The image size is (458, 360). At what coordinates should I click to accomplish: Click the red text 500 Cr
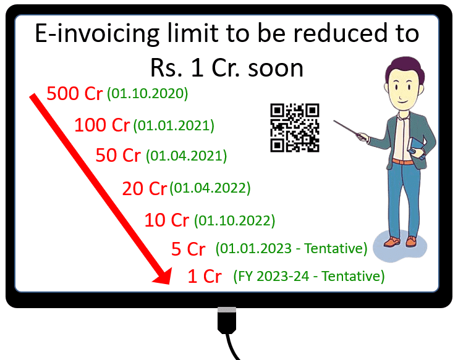pos(75,94)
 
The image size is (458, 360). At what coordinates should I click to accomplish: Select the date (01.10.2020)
pos(148,94)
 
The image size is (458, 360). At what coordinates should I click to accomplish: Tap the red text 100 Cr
pos(102,125)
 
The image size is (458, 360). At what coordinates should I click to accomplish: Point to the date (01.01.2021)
pos(174,126)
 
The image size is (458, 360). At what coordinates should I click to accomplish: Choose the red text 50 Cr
pos(118,155)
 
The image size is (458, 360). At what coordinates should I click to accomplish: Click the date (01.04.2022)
pos(210,188)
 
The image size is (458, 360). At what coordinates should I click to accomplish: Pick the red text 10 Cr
pos(167,220)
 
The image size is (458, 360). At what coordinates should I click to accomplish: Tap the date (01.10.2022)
pos(234,220)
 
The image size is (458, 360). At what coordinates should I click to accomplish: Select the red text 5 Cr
pos(189,249)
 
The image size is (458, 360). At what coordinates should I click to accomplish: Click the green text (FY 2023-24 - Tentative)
pos(309,276)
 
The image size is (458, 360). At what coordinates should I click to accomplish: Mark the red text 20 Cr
pos(145,188)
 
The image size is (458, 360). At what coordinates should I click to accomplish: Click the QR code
pos(295,128)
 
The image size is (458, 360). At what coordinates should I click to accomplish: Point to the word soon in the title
pos(276,69)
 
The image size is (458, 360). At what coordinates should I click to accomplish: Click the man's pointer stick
pos(349,128)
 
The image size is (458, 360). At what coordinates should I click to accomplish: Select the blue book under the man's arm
pos(416,148)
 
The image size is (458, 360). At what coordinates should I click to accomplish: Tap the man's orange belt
pos(402,161)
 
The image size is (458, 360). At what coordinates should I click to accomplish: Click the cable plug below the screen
pos(227,320)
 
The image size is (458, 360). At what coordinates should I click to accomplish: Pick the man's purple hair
pos(405,69)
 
